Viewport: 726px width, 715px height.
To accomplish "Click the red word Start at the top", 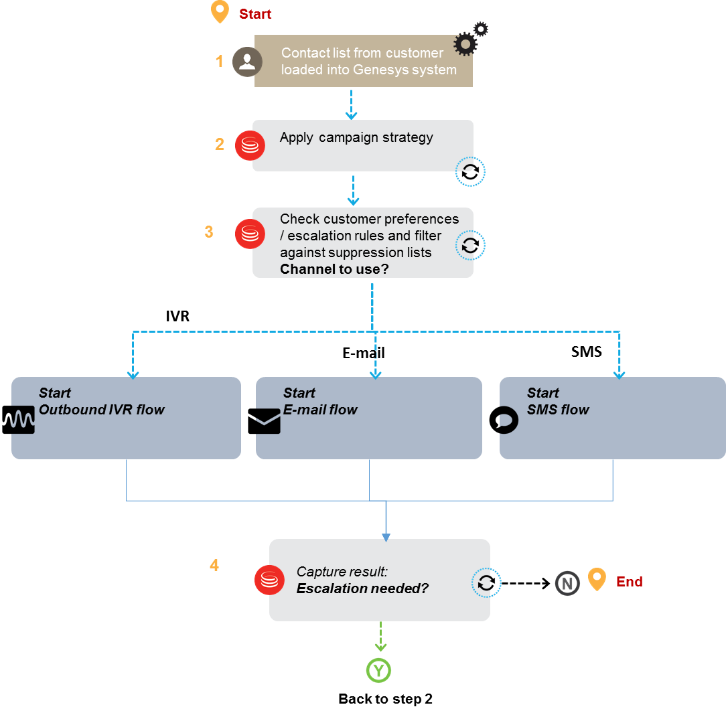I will coord(255,14).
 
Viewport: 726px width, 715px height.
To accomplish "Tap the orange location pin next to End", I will coord(597,579).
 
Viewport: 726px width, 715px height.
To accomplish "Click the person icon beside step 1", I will coord(247,62).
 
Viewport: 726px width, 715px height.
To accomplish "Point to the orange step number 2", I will coord(220,144).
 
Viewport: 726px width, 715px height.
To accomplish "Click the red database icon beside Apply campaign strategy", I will coord(250,146).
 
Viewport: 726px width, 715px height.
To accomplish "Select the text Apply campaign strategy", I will coord(356,137).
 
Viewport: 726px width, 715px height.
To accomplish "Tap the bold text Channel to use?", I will coord(334,269).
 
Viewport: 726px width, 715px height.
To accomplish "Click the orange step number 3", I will coord(209,232).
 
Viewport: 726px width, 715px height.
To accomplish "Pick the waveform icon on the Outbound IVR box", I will coord(23,419).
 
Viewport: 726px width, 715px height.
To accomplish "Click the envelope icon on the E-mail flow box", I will coord(268,421).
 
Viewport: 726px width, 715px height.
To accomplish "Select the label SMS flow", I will coord(558,410).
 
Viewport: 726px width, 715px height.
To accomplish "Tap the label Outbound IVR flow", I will coord(102,410).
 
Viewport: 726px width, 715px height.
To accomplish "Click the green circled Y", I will coord(378,670).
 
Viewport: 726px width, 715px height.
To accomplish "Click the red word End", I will coord(630,582).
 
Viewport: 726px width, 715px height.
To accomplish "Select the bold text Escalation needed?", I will coord(362,588).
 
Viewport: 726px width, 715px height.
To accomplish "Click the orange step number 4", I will coord(214,565).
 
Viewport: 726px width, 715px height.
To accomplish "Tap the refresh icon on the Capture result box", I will coord(486,583).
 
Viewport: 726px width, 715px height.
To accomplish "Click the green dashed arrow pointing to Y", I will coord(380,636).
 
